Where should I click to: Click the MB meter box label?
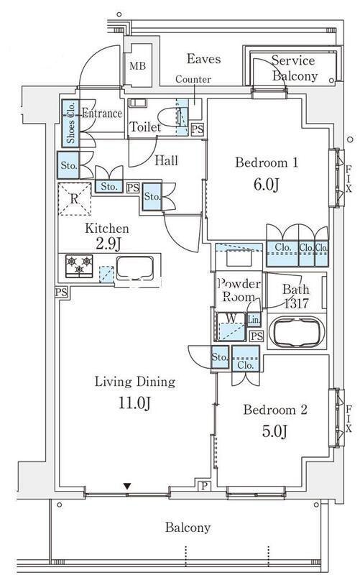coord(137,66)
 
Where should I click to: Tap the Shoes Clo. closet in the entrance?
coord(70,124)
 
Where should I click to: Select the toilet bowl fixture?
coord(172,117)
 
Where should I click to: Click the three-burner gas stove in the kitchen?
coord(79,266)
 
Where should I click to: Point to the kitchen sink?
coord(135,267)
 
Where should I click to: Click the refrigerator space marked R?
coord(75,199)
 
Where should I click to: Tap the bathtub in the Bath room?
coord(297,332)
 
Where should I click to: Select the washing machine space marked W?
coord(231,326)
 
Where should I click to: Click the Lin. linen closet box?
coord(254,320)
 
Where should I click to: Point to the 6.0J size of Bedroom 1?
coord(267,185)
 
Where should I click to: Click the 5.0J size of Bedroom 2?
coord(274,431)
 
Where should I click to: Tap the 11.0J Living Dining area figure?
coord(134,403)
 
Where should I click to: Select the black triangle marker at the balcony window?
coord(127,487)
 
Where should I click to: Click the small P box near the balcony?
coord(204,486)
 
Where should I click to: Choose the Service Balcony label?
coord(294,68)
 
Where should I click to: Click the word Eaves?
coord(203,59)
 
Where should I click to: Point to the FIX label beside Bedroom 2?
coord(349,418)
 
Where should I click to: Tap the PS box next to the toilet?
coord(198,129)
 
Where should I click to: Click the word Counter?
coord(193,79)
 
